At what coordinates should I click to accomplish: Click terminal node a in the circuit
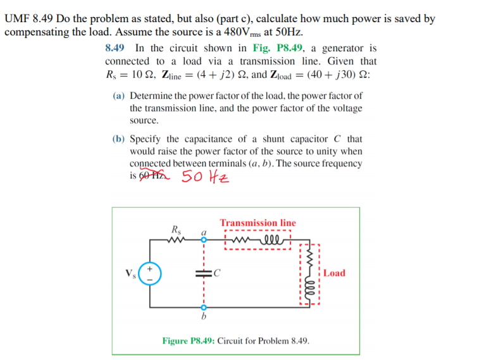point(204,240)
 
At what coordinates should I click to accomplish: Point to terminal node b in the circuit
point(204,306)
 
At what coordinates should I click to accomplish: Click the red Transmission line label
point(258,223)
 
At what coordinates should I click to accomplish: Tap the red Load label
point(334,273)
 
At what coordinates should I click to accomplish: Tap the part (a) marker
point(118,96)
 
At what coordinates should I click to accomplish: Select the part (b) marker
point(118,139)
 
